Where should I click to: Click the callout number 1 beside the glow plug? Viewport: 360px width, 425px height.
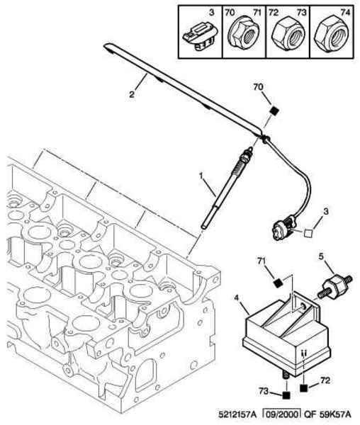201,176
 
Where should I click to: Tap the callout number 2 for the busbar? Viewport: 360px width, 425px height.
132,95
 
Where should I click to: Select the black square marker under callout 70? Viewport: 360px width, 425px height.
275,111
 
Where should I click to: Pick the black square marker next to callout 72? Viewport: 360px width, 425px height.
303,388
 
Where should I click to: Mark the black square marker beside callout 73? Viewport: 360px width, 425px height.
286,395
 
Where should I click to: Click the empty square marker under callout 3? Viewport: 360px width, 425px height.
308,233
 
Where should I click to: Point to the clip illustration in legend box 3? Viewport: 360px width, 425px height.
199,37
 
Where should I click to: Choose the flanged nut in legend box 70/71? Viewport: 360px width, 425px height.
243,34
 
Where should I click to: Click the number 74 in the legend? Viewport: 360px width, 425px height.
345,13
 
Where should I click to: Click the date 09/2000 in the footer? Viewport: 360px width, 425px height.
282,414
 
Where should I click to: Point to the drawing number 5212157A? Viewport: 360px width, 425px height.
237,414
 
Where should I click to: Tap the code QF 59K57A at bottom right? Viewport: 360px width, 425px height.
327,414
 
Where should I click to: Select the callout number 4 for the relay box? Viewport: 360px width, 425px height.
237,297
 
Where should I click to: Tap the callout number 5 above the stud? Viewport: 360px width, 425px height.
321,256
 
